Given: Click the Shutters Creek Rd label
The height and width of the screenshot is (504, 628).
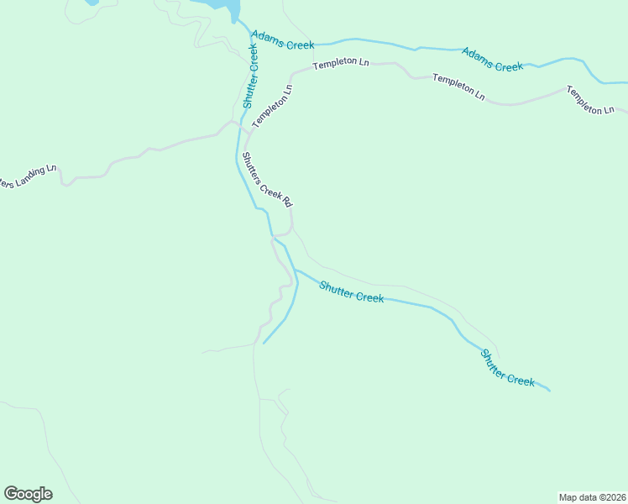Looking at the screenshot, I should [266, 179].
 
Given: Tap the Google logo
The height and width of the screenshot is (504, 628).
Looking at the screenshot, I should [28, 494].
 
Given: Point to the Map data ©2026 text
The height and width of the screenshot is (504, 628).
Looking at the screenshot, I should [591, 496].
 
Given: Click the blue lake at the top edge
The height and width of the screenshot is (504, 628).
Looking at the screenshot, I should [222, 5].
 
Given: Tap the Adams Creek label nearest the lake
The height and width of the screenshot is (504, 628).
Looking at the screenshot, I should [282, 41].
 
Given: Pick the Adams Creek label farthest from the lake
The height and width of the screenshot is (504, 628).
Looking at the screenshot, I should [493, 59].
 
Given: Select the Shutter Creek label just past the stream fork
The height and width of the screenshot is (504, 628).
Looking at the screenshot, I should [351, 292].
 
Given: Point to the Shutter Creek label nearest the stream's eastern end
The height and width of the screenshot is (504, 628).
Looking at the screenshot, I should [507, 368].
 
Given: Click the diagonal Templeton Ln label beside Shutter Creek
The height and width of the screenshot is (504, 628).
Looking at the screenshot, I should [274, 106].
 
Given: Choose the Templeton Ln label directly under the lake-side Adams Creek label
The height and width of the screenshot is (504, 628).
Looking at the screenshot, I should [341, 64].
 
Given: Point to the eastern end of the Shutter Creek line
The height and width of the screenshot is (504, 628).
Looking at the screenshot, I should [549, 391].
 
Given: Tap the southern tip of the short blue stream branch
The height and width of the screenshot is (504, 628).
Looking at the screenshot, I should [264, 343].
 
